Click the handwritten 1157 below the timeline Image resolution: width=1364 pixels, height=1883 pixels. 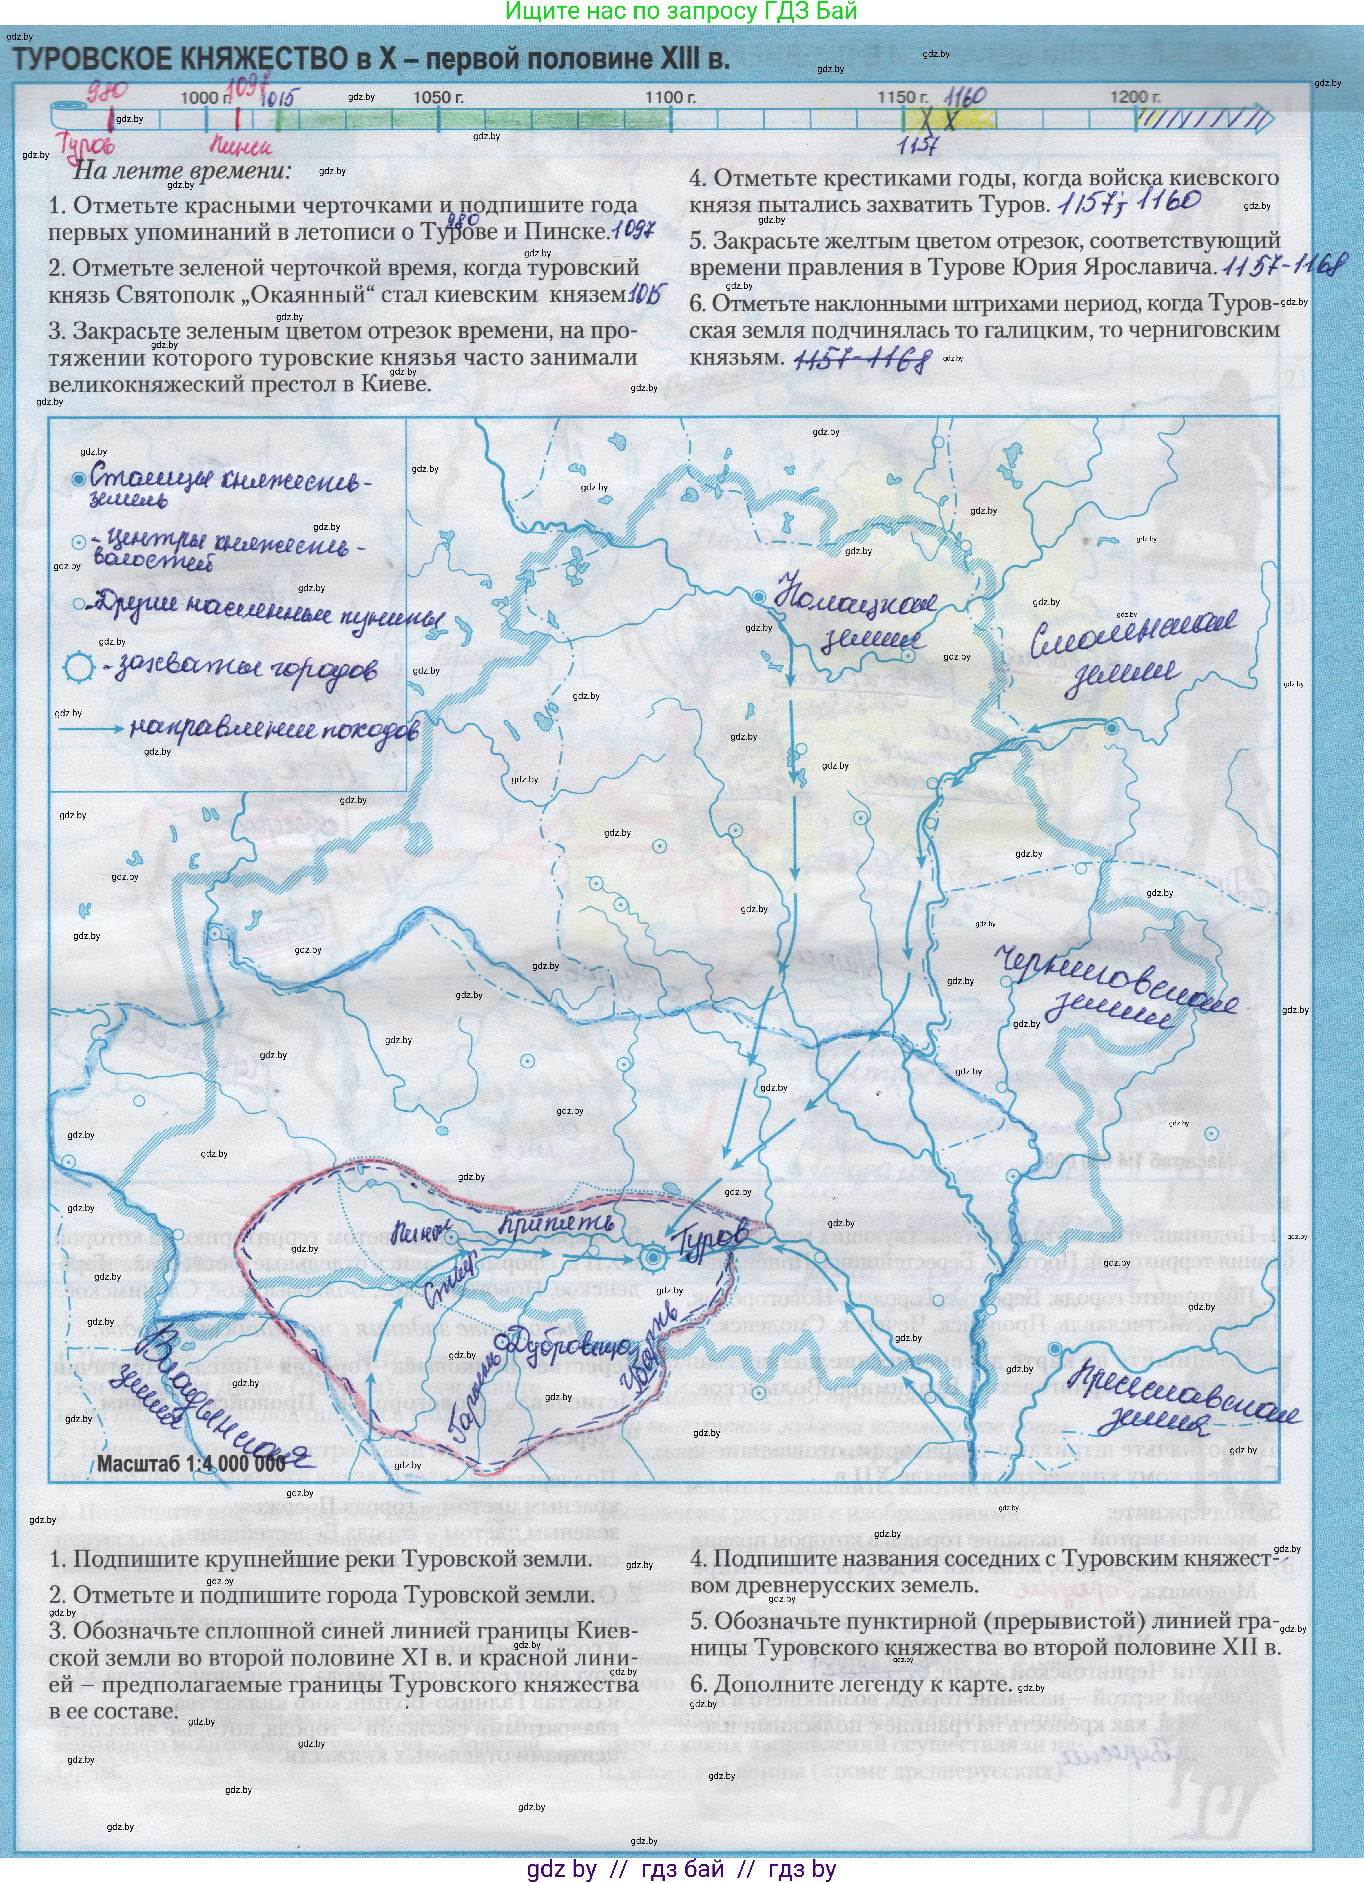coord(917,146)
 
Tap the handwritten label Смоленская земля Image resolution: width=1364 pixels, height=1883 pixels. coord(1129,656)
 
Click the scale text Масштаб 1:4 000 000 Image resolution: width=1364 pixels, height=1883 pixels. coord(191,1463)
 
